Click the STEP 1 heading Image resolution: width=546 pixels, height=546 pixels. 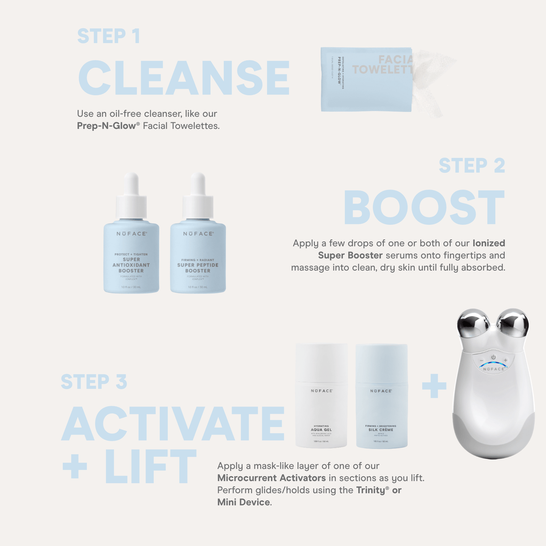[109, 36]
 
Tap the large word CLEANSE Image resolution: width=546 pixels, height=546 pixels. [183, 78]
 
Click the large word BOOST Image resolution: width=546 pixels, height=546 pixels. [424, 207]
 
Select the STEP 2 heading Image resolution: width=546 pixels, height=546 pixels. [472, 166]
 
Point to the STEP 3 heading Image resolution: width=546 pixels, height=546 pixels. [94, 382]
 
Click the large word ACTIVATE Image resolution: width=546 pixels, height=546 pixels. [173, 423]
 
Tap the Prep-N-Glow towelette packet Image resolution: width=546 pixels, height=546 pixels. [366, 79]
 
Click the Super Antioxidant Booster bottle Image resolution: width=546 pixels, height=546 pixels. [131, 257]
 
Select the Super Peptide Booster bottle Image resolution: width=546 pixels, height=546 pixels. [198, 257]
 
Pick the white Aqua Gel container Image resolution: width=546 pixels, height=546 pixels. [322, 396]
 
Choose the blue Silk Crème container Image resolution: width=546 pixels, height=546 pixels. [382, 396]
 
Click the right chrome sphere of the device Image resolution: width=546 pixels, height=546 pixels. [512, 323]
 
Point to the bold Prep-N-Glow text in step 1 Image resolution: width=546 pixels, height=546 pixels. [109, 126]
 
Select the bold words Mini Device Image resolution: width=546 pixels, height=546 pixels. [243, 502]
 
